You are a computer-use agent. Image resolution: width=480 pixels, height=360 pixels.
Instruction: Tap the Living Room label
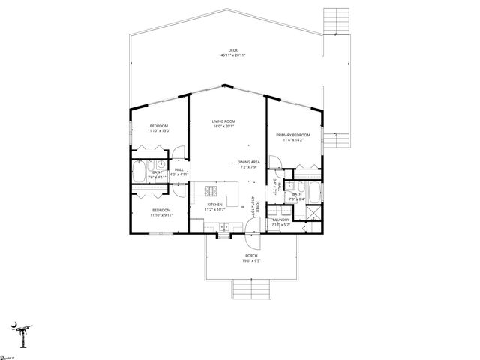(223, 121)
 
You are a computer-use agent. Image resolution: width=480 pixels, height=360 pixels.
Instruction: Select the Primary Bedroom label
(292, 135)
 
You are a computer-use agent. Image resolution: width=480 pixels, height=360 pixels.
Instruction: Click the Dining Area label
(248, 162)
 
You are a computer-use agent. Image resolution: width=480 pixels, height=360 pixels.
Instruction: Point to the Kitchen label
(215, 204)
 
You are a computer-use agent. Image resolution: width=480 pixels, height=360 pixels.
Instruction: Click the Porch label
(250, 256)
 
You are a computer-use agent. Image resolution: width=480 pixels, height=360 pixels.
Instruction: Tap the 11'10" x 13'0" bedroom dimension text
(160, 131)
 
